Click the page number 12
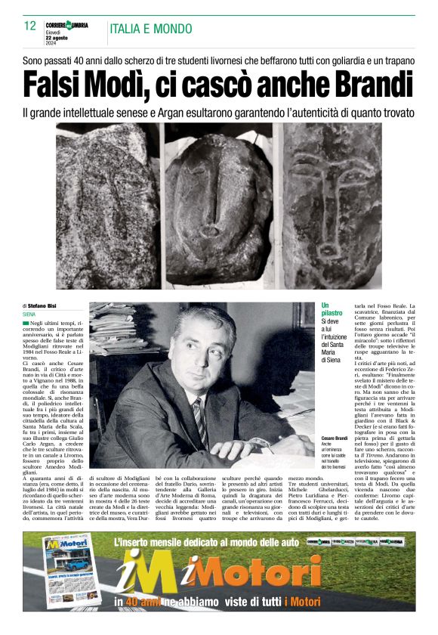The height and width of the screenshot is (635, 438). point(30,26)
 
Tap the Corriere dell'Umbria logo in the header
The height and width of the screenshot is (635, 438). point(66,25)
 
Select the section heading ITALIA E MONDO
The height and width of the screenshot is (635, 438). point(151,29)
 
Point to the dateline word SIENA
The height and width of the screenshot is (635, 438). point(29,314)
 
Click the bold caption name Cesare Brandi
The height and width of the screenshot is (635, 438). point(334,439)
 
